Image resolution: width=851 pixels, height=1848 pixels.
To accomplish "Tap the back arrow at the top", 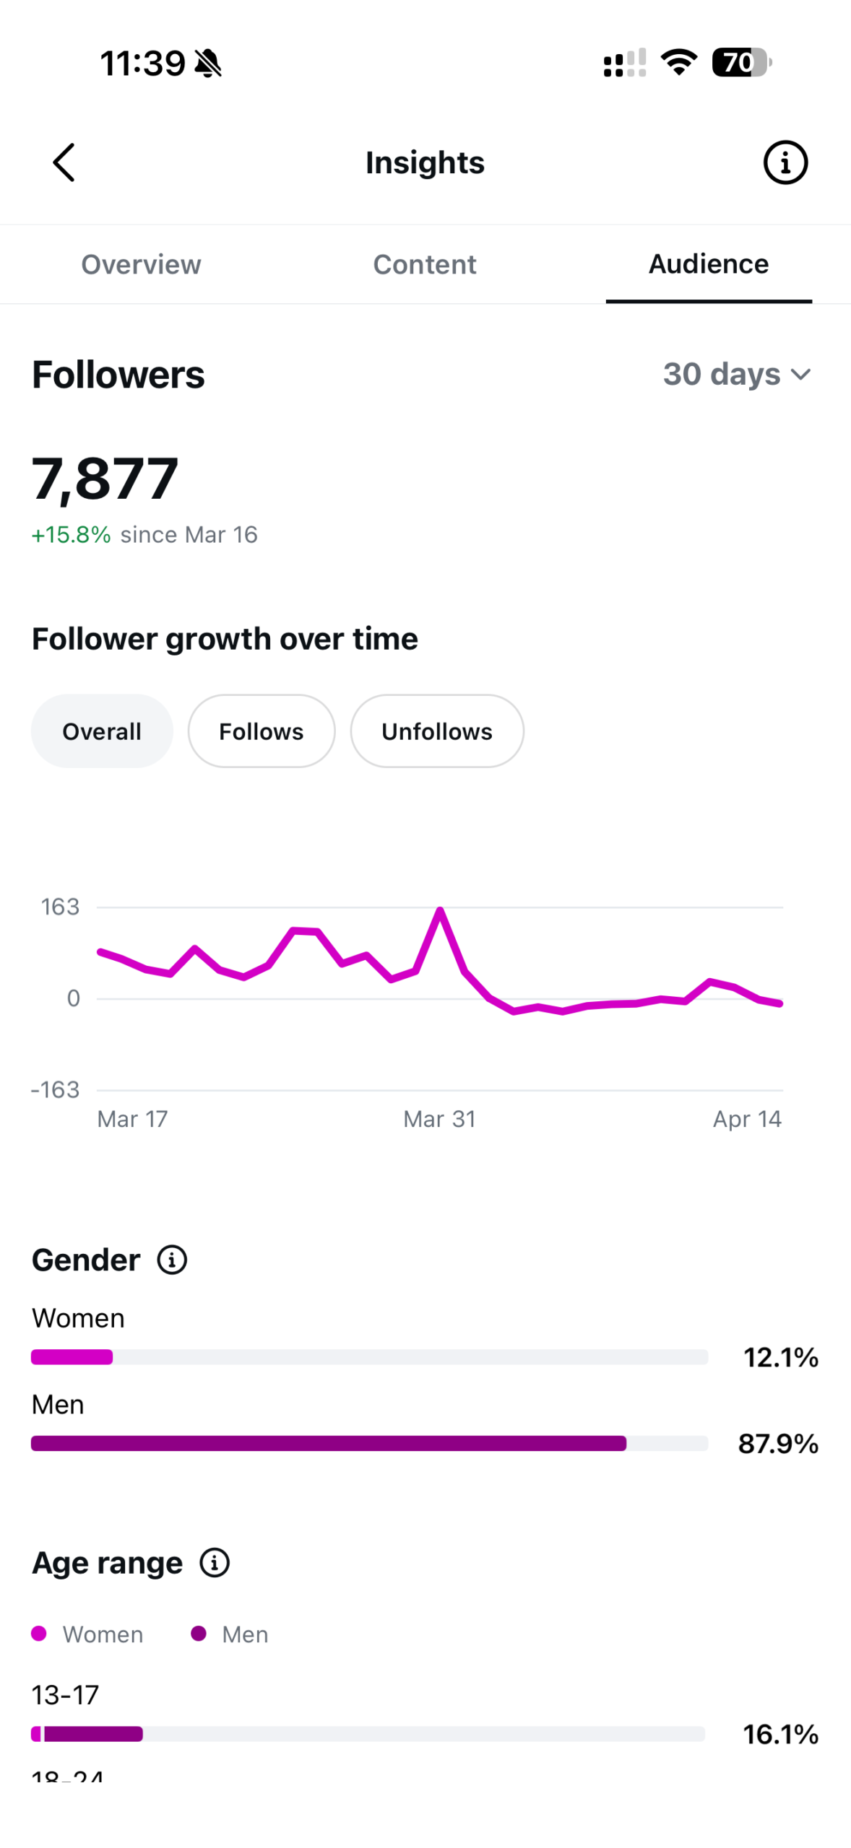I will click(64, 162).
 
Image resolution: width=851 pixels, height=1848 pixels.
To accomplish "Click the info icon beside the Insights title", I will click(785, 162).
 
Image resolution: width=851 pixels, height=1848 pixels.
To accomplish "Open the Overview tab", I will click(141, 264).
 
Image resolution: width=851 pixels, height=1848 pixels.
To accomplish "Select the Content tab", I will click(425, 264).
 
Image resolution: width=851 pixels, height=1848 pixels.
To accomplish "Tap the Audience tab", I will click(708, 264).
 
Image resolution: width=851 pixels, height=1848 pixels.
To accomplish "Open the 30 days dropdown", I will click(737, 374).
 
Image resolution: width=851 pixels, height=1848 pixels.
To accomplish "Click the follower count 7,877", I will click(105, 479).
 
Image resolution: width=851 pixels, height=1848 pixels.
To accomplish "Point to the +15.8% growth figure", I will click(71, 535).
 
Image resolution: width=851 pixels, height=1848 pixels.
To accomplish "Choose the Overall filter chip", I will click(102, 731).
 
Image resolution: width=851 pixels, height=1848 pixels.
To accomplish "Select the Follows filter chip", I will click(262, 731).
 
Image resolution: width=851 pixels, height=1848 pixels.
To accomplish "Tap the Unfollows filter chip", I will click(437, 731).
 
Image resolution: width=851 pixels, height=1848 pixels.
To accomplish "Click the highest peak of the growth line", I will click(440, 910).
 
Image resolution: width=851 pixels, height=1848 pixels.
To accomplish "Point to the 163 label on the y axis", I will click(60, 907).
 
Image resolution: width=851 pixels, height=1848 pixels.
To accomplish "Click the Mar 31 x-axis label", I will click(439, 1119).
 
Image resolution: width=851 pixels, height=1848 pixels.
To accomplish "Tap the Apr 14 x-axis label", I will click(747, 1119).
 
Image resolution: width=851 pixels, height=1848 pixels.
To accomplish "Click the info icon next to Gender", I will click(172, 1260).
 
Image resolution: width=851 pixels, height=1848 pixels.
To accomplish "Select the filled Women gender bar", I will click(72, 1357).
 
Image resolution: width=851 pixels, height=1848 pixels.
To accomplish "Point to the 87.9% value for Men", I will click(778, 1444).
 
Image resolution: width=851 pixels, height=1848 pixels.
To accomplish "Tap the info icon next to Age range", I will click(215, 1563).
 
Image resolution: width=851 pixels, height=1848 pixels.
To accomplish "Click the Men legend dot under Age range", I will click(199, 1634).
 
